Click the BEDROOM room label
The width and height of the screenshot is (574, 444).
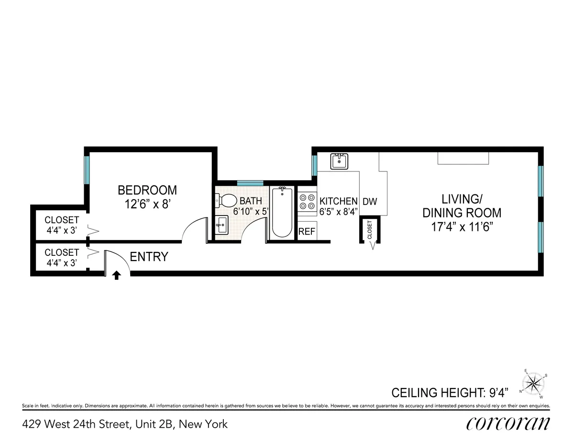click(147, 190)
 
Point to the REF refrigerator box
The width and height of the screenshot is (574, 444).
click(307, 232)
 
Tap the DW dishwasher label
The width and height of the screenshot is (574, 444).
click(370, 202)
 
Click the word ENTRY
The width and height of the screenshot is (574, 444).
click(149, 257)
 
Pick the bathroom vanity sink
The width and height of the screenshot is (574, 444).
click(222, 225)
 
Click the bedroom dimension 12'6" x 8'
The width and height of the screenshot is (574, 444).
click(147, 205)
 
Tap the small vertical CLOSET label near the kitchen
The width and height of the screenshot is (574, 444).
click(370, 230)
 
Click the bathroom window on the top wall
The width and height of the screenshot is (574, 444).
click(250, 183)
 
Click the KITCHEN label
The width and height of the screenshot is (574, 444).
click(338, 201)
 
